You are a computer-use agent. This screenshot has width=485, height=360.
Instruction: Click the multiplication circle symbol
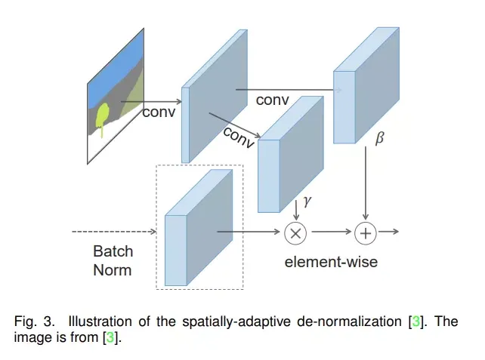[295, 232]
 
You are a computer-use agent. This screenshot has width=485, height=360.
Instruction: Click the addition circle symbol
[366, 232]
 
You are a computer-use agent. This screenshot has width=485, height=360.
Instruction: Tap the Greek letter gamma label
[307, 202]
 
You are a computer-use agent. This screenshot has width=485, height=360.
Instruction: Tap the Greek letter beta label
[379, 140]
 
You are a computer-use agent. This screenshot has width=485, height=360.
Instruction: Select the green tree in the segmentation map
[103, 117]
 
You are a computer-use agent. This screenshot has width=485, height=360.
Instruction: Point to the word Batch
[113, 251]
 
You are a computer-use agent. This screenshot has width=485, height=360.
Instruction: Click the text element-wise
[331, 263]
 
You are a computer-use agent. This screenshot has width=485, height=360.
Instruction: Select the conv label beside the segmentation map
[159, 112]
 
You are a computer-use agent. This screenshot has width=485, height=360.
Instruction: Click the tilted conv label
[238, 137]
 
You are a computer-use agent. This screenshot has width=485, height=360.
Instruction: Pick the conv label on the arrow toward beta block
[272, 100]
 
